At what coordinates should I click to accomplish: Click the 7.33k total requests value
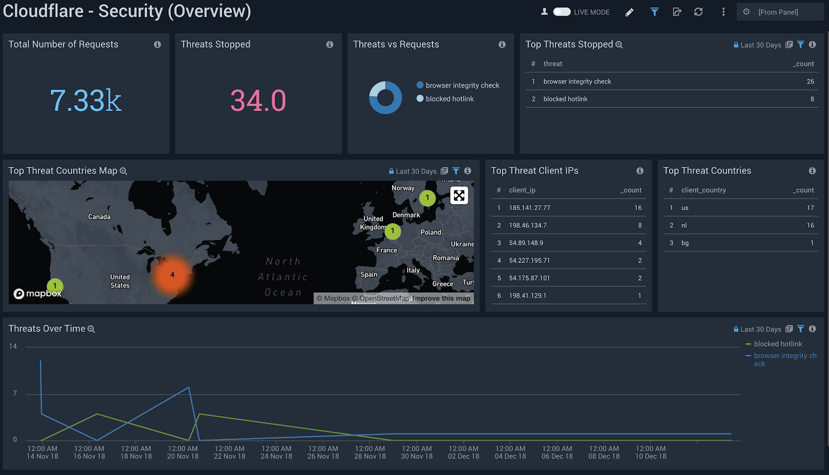pos(85,101)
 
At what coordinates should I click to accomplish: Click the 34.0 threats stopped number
pos(258,101)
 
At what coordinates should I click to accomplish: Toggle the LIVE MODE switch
pos(562,12)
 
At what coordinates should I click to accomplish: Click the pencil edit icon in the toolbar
pos(630,12)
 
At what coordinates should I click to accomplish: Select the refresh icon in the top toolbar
pos(698,12)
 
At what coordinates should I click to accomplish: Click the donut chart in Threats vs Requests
pos(385,97)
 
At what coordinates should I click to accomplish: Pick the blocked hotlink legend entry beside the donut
pos(449,99)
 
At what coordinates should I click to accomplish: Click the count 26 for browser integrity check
pos(810,81)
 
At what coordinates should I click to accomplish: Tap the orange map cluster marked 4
pos(173,275)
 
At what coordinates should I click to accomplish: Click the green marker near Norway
pos(427,198)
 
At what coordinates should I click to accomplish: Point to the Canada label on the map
pos(99,217)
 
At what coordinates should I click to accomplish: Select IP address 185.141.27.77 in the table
pos(530,208)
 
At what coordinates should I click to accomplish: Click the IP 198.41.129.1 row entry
pos(527,296)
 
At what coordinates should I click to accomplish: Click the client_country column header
pos(703,190)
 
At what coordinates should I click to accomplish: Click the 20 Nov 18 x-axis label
pos(183,453)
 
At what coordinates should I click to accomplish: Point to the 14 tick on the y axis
pos(13,346)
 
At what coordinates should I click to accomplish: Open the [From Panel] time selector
pos(778,12)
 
